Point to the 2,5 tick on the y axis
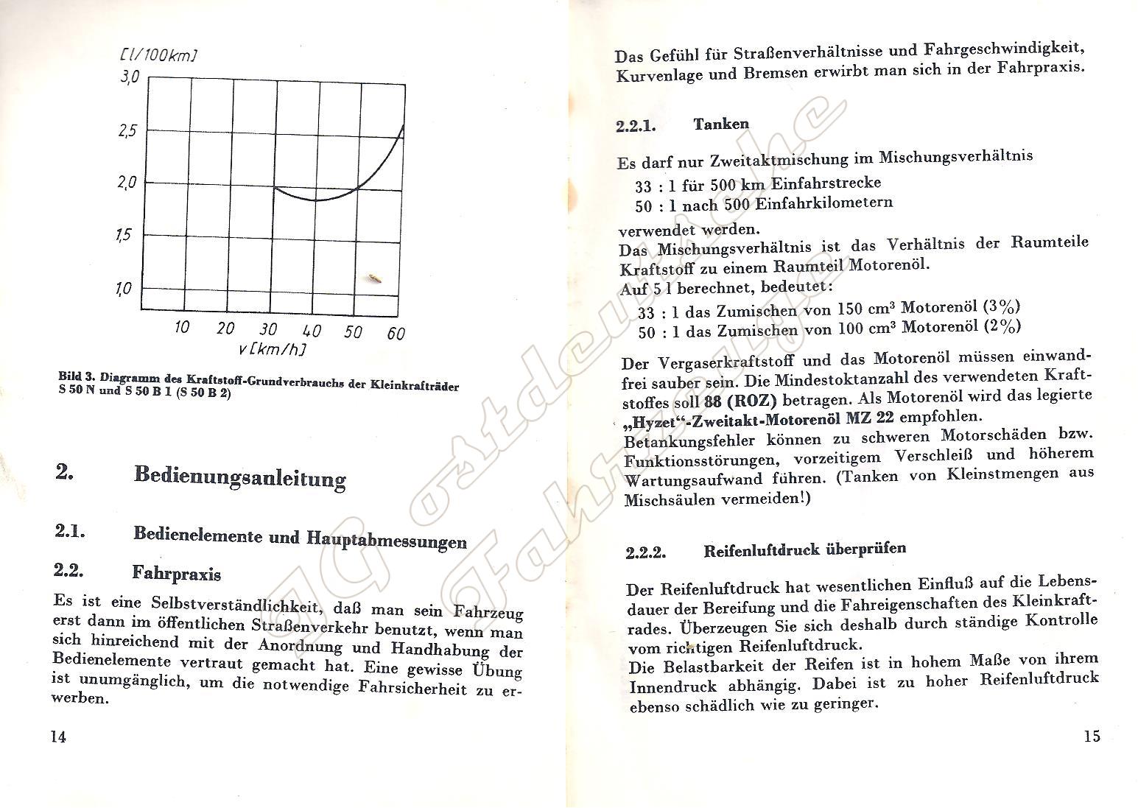pos(129,131)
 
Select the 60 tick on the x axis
pos(396,334)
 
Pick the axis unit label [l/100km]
pos(158,55)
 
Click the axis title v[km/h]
pos(272,349)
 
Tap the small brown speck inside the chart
pos(374,278)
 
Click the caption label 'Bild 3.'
pos(77,376)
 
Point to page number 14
pos(57,737)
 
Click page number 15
pos(1092,736)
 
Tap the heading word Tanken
pos(720,124)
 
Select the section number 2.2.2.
pos(646,552)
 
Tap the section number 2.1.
pos(70,530)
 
